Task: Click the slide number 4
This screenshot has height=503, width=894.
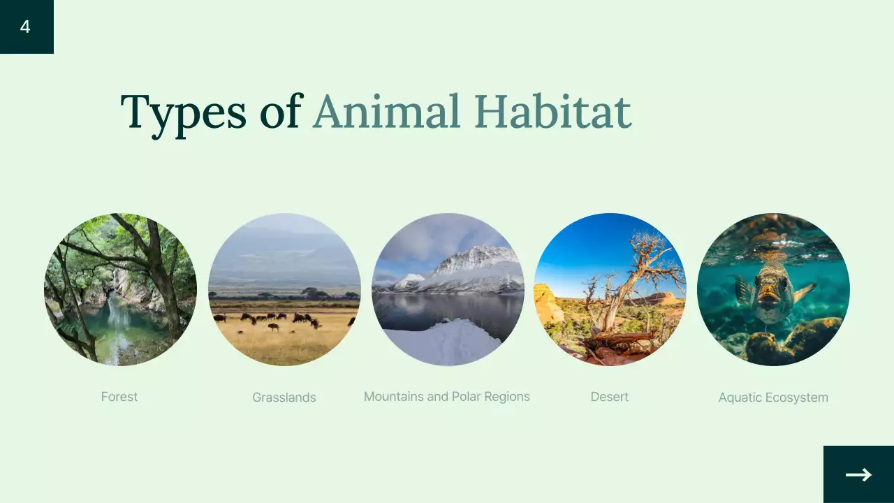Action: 25,27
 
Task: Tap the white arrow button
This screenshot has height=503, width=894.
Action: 858,475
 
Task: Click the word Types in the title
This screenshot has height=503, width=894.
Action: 183,112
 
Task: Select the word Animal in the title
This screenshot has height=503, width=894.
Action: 386,112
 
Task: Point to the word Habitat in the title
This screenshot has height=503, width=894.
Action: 552,112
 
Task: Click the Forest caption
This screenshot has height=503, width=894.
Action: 119,397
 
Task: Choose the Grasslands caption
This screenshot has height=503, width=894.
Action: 284,398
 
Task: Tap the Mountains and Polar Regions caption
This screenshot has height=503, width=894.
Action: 447,397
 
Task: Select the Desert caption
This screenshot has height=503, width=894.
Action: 610,397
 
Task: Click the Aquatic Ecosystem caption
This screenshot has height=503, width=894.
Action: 773,398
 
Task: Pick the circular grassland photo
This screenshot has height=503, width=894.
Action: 284,289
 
